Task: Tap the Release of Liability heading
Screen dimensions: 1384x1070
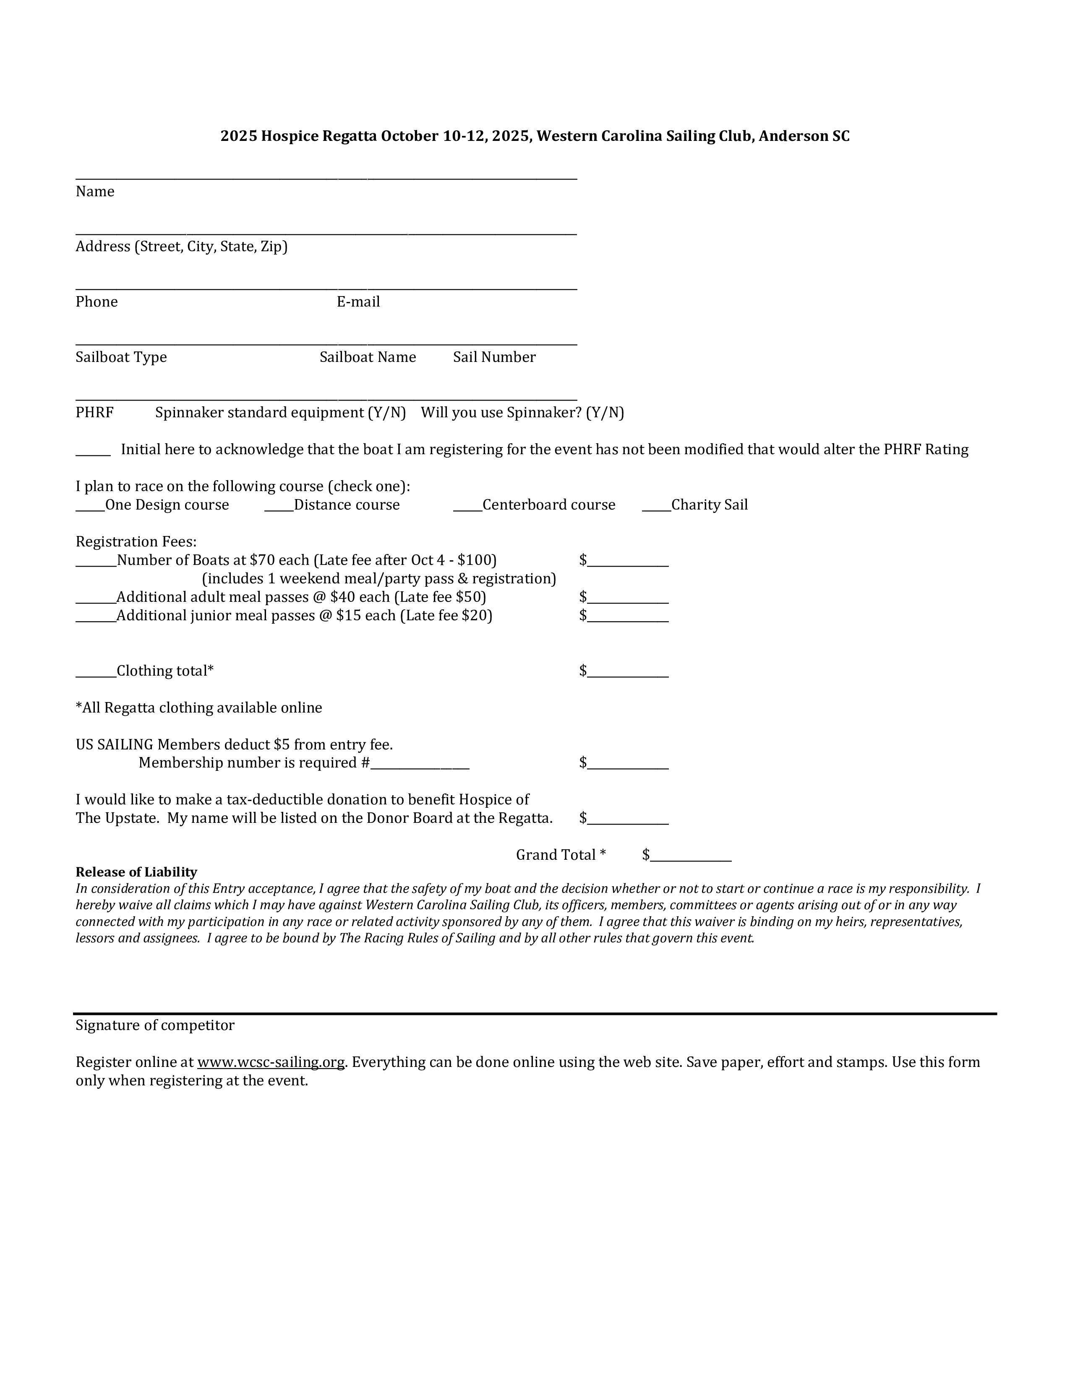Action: coord(136,872)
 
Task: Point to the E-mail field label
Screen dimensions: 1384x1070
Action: coord(358,302)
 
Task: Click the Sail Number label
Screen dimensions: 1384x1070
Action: coord(494,357)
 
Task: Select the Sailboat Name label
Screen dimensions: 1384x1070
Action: coord(368,357)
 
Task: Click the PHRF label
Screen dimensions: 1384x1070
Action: coord(94,413)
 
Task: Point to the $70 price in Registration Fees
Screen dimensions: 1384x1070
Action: coord(260,560)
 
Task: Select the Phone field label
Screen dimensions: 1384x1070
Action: coord(97,302)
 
